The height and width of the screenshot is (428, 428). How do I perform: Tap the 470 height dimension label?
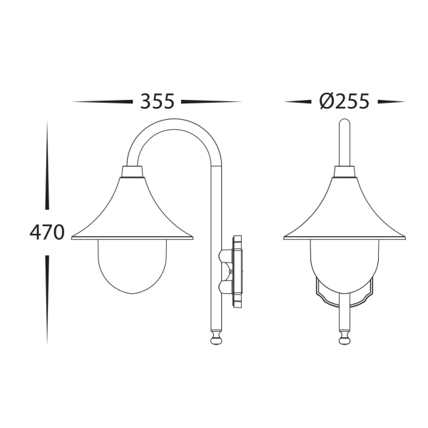(46, 233)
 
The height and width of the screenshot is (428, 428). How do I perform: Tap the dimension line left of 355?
(103, 102)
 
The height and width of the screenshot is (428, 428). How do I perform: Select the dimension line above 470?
(47, 164)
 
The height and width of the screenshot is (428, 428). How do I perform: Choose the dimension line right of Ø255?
(388, 102)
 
